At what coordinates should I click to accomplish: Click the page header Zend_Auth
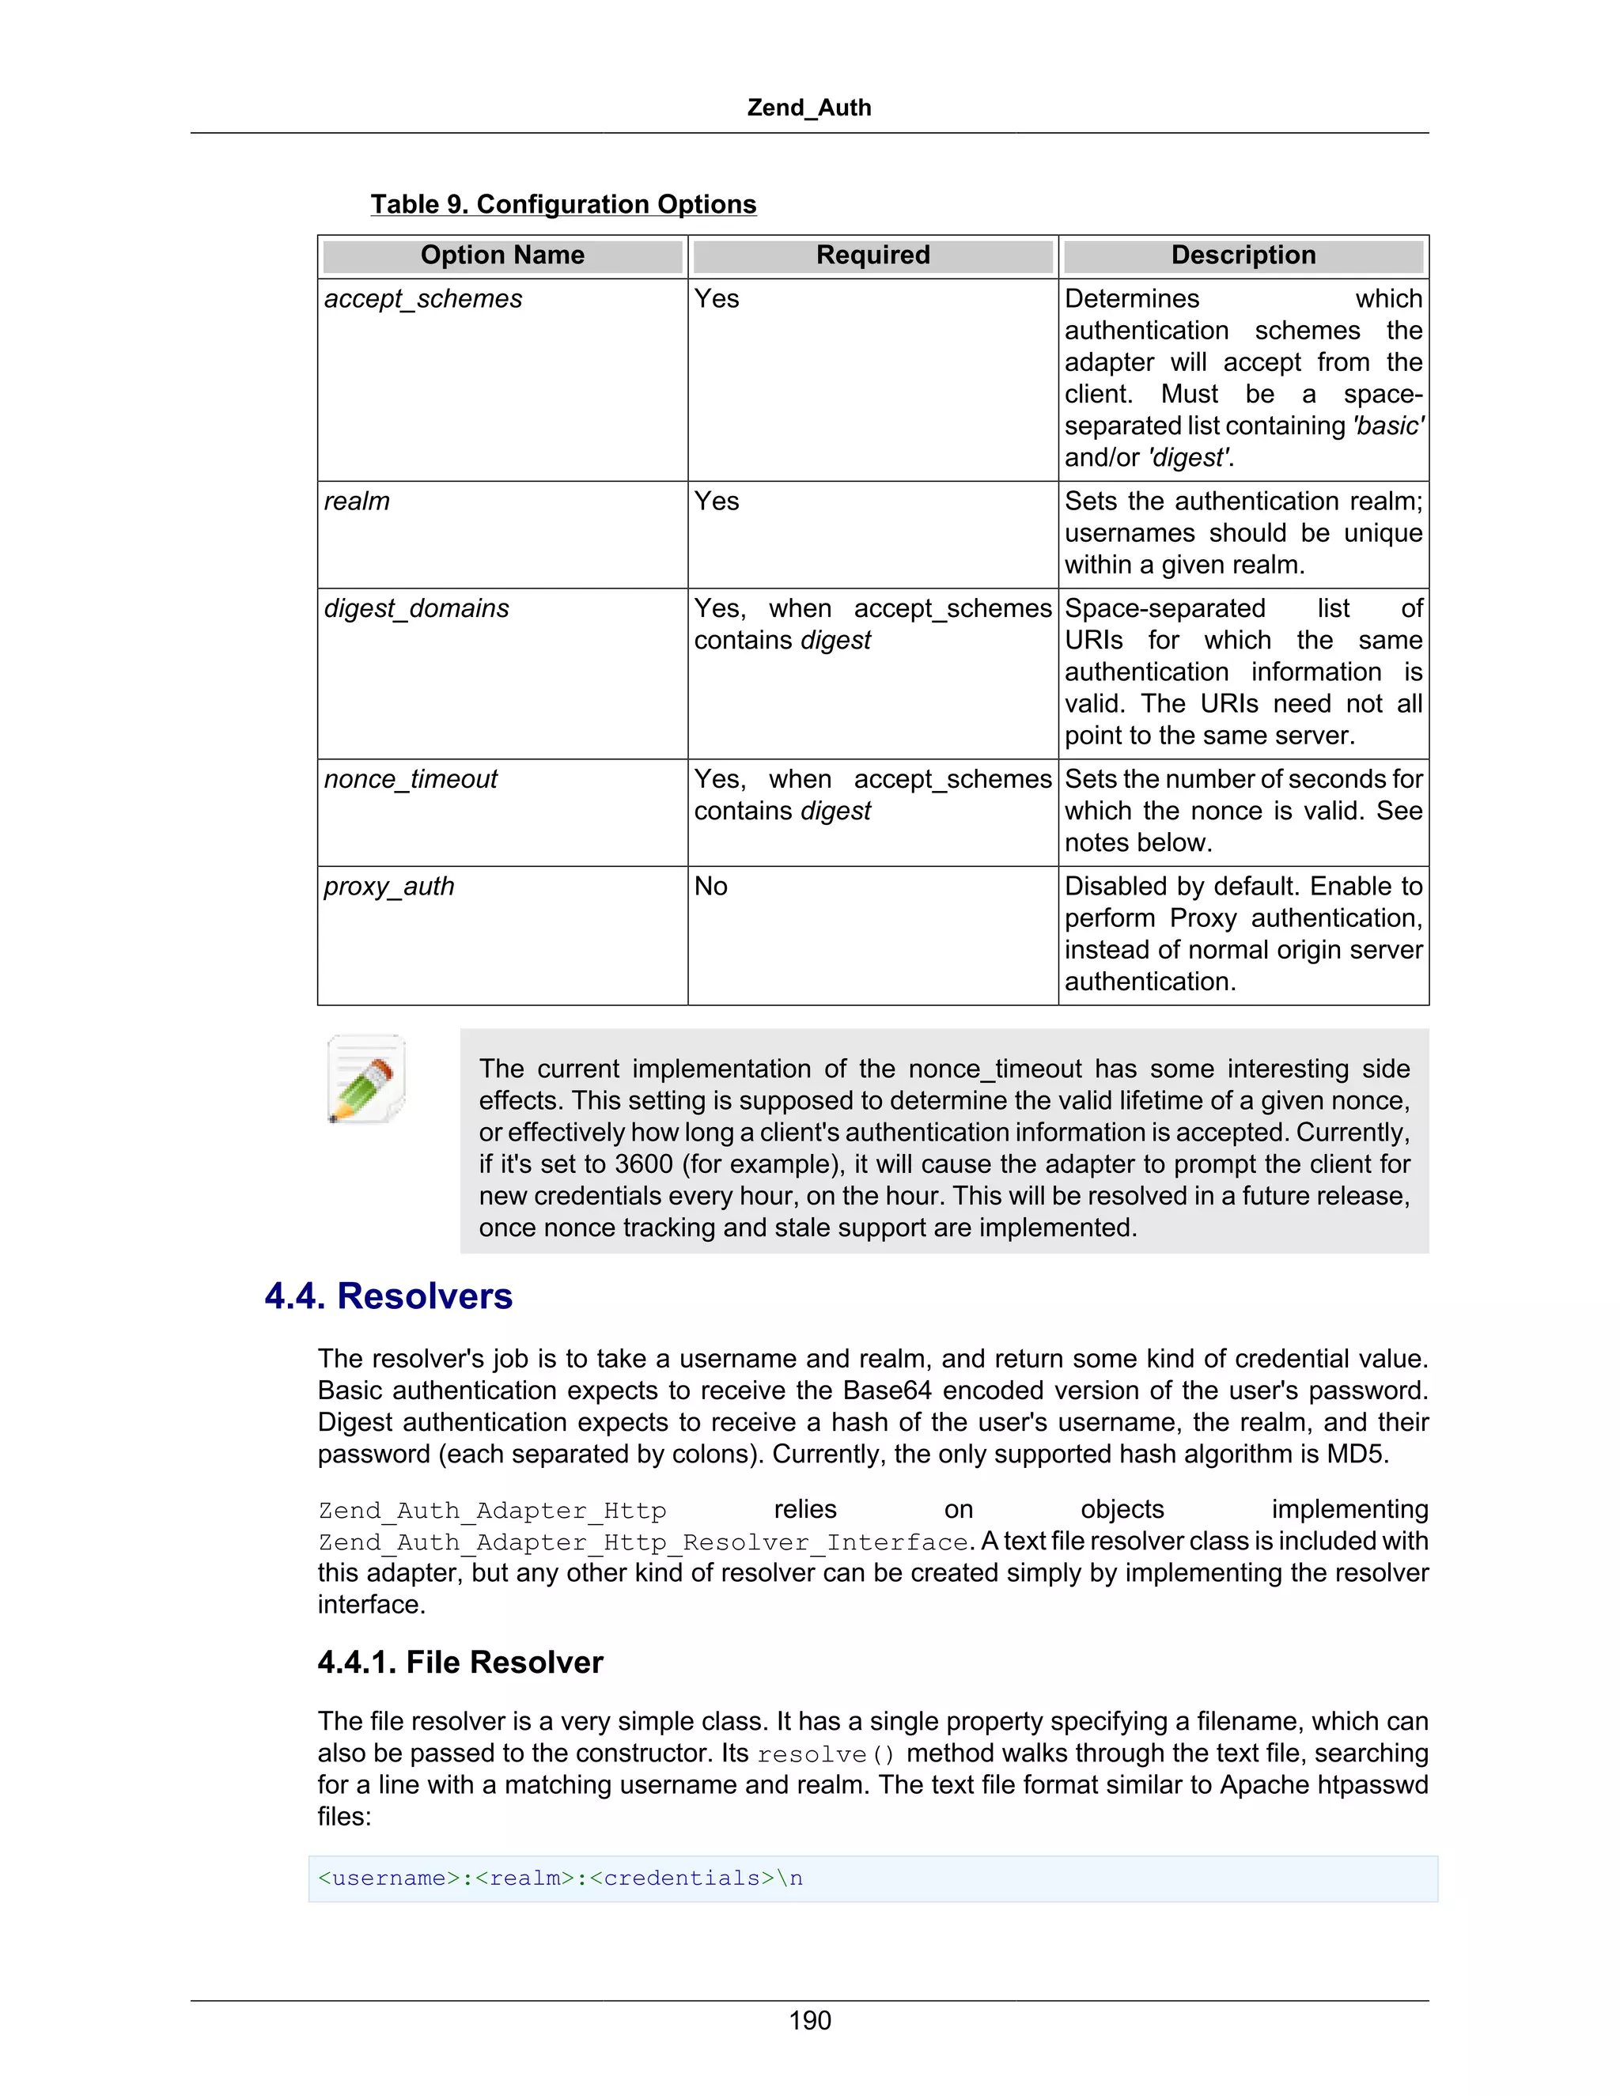coord(809,108)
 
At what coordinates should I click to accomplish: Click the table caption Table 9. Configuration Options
coord(563,204)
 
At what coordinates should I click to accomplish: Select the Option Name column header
coord(502,255)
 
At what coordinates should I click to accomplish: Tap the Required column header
coord(872,255)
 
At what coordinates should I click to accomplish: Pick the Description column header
coord(1243,255)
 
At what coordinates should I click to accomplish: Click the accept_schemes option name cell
coord(423,300)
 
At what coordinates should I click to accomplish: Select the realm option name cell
coord(357,502)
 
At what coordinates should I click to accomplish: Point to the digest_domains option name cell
coord(417,608)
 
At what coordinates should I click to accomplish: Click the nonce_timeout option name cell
coord(411,779)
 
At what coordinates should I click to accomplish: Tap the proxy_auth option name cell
coord(388,887)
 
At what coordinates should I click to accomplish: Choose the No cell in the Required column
coord(711,887)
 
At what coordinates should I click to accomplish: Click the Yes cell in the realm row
coord(717,502)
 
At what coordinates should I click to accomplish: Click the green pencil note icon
coord(365,1079)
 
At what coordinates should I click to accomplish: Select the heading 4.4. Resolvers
coord(388,1296)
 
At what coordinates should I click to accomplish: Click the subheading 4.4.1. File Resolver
coord(460,1663)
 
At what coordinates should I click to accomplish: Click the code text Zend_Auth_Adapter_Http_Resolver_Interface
coord(643,1542)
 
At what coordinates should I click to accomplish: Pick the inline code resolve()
coord(825,1754)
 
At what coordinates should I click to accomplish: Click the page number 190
coord(809,2021)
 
